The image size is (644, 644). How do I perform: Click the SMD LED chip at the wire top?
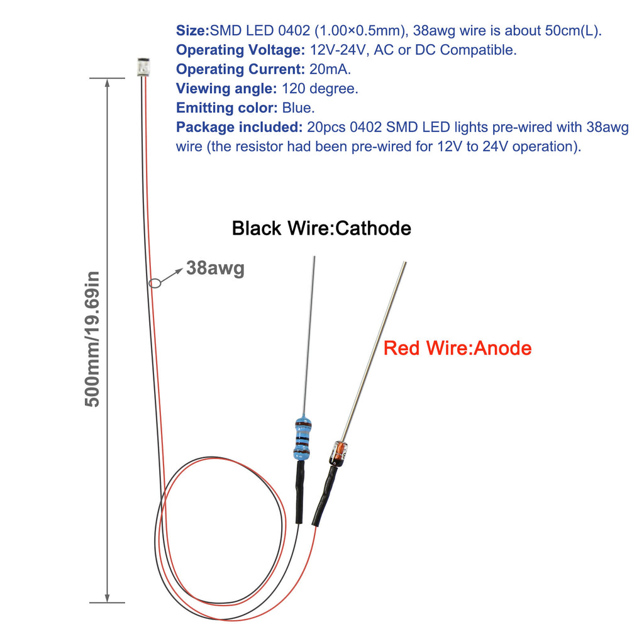pyautogui.click(x=143, y=67)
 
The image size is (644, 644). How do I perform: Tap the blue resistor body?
pyautogui.click(x=303, y=438)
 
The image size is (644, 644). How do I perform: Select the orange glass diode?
pyautogui.click(x=339, y=453)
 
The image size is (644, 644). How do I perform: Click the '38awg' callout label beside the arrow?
pyautogui.click(x=215, y=268)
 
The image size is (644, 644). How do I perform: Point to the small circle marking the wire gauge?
pyautogui.click(x=155, y=284)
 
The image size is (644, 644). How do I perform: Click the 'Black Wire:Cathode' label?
pyautogui.click(x=321, y=228)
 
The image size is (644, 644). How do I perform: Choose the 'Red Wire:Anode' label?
pyautogui.click(x=457, y=348)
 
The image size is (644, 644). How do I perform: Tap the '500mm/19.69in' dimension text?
pyautogui.click(x=92, y=339)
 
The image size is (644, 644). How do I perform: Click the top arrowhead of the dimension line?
pyautogui.click(x=107, y=83)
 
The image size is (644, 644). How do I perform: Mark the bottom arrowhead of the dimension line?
pyautogui.click(x=107, y=597)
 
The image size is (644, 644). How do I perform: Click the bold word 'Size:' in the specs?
pyautogui.click(x=192, y=30)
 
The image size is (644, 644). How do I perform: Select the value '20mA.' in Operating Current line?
pyautogui.click(x=330, y=69)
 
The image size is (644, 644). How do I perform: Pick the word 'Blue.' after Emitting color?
pyautogui.click(x=298, y=108)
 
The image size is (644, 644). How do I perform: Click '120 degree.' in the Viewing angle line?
pyautogui.click(x=320, y=88)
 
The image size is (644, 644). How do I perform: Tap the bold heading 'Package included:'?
pyautogui.click(x=240, y=127)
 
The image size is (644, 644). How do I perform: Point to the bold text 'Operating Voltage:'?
pyautogui.click(x=240, y=50)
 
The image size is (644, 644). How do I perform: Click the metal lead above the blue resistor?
pyautogui.click(x=309, y=337)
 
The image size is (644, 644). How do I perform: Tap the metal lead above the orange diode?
pyautogui.click(x=374, y=352)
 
